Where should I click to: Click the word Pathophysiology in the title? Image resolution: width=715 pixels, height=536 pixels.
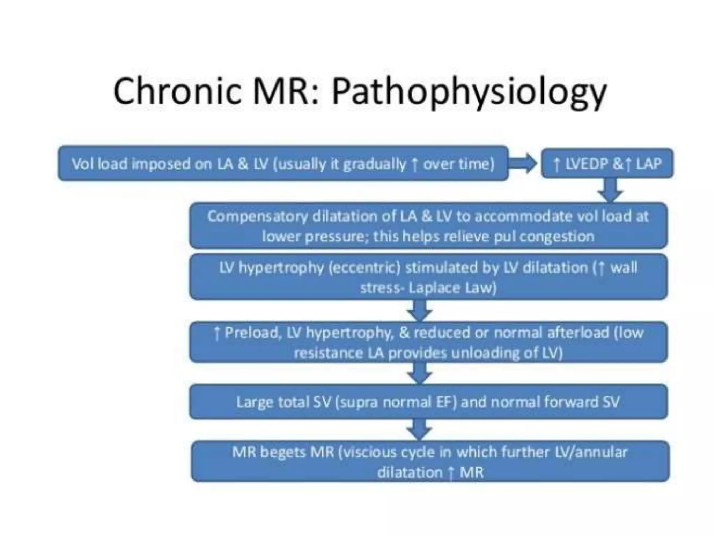pos(469,91)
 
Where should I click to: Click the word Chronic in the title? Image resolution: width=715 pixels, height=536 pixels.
pos(177,91)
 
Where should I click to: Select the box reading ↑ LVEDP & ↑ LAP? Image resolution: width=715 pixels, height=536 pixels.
pos(607,163)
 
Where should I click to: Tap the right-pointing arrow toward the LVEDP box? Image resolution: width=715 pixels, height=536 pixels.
pos(523,163)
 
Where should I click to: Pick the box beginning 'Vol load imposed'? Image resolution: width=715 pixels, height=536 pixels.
pos(283,163)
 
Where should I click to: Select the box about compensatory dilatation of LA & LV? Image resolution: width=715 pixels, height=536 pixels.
pos(428,226)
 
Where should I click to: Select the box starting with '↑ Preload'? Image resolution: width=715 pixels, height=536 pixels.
pos(428,342)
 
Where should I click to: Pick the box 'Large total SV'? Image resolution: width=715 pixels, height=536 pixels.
pos(428,402)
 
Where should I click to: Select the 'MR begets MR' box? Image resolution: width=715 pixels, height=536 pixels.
pos(430,462)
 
